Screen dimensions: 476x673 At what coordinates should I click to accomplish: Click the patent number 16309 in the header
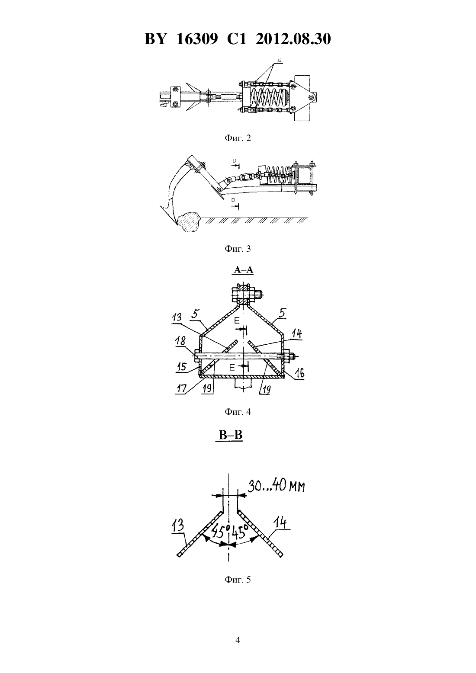click(197, 39)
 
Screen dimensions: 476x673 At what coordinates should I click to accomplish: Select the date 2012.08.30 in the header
click(293, 39)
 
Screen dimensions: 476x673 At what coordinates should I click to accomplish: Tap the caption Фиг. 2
click(238, 138)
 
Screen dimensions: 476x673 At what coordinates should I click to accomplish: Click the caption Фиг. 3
click(238, 248)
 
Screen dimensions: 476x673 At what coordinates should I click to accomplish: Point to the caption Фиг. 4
click(238, 411)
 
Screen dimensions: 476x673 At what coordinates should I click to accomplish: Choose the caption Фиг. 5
click(238, 579)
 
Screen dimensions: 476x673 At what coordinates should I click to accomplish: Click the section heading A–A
click(244, 270)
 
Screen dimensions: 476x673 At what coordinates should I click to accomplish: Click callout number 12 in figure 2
click(279, 61)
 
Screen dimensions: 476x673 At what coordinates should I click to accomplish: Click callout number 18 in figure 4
click(180, 341)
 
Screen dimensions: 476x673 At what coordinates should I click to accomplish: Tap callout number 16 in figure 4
click(299, 373)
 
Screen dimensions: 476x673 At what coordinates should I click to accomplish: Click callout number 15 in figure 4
click(181, 366)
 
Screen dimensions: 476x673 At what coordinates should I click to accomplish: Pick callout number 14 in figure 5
click(280, 523)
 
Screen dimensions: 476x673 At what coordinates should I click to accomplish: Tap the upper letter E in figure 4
click(237, 321)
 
